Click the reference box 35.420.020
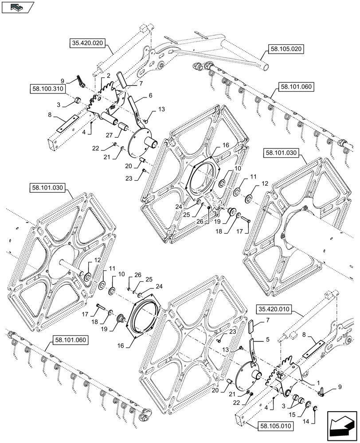[86, 43]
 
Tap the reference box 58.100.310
[48, 89]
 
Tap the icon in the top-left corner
[17, 7]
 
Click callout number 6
[150, 95]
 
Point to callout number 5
[267, 340]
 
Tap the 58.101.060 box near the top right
[296, 87]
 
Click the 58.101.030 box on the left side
[48, 188]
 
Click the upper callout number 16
[226, 145]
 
